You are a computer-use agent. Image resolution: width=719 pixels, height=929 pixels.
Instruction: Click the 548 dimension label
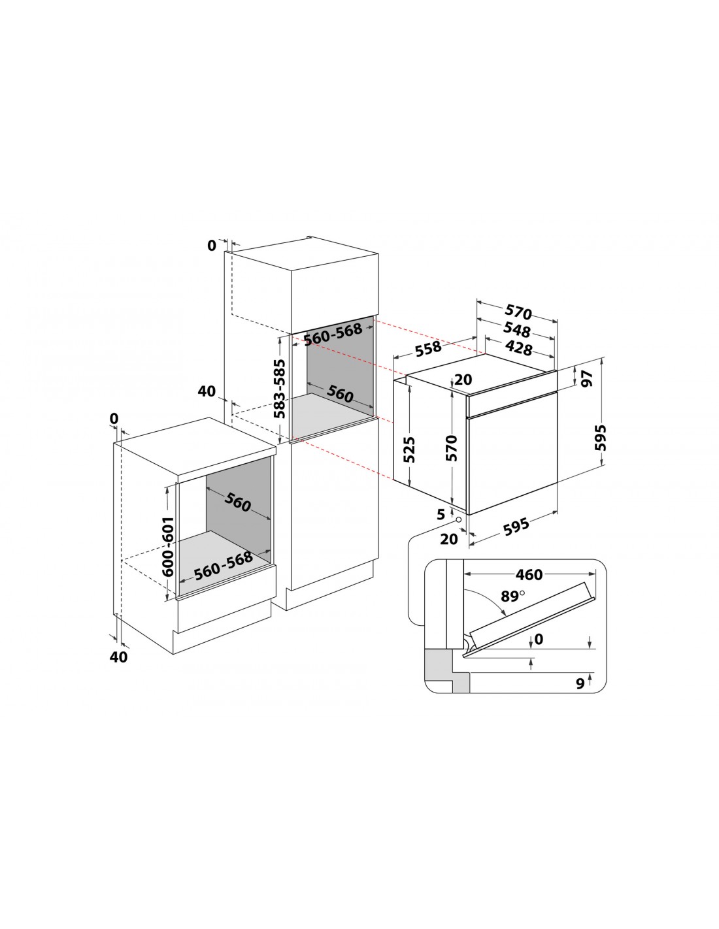click(516, 329)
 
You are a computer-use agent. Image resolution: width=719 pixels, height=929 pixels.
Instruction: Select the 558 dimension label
click(428, 348)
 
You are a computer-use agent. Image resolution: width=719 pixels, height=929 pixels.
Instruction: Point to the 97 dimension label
click(588, 378)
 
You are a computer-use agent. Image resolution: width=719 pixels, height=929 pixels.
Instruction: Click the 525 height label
click(409, 449)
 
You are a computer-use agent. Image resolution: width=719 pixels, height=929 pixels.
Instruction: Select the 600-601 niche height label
click(169, 546)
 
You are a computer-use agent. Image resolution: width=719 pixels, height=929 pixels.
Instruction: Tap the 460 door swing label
click(529, 575)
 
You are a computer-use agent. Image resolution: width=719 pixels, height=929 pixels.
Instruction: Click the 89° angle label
click(512, 596)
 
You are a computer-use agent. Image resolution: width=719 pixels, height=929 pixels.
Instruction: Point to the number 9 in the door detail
click(580, 683)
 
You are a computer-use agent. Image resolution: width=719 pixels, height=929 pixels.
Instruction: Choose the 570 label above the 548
click(518, 312)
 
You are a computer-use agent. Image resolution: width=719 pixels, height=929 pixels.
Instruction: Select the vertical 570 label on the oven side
click(452, 448)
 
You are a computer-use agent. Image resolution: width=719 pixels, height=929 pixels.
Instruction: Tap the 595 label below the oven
click(516, 527)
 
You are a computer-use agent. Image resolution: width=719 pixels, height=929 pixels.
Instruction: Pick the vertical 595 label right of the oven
click(601, 437)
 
